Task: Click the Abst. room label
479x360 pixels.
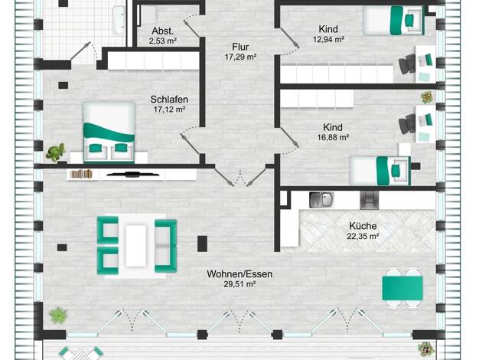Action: tap(162, 31)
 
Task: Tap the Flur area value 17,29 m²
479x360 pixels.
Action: tap(240, 57)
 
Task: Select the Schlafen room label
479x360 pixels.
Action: tap(169, 100)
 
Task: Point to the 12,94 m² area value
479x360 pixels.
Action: tap(328, 40)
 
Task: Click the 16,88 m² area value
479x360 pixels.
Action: tap(333, 138)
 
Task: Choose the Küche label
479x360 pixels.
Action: tap(363, 226)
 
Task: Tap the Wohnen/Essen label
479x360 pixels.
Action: tap(239, 274)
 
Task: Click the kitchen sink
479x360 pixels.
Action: tap(321, 200)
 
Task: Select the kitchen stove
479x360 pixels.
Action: tap(369, 201)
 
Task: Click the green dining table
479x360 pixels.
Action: tap(402, 288)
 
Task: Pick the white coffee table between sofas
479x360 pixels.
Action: tap(136, 246)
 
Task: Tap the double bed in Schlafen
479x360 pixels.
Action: tap(109, 133)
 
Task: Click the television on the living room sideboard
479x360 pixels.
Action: tap(133, 175)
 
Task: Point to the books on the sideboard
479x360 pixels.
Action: tap(81, 174)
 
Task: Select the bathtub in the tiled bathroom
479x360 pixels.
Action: tap(119, 20)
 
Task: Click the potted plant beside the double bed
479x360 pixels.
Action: tap(56, 152)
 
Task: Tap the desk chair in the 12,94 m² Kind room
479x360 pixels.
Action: tap(407, 64)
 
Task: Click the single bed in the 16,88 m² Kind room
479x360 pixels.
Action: tap(380, 171)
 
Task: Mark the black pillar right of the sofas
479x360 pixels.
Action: tap(202, 244)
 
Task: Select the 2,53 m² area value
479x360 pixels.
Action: tap(163, 41)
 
